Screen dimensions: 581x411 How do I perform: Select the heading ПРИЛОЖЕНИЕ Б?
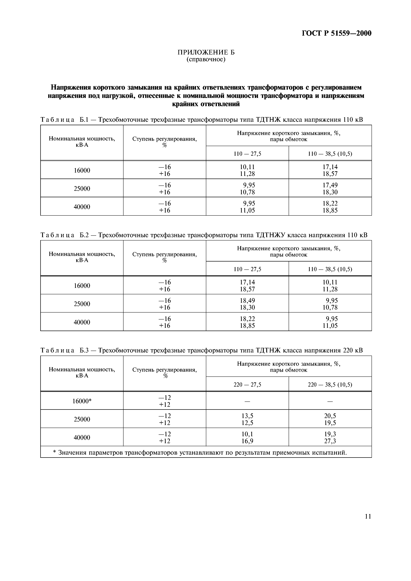pos(206,52)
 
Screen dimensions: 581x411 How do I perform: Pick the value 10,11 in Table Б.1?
pos(247,167)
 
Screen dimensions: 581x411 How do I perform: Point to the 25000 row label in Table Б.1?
pos(82,188)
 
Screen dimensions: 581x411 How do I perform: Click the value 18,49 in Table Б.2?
pos(247,300)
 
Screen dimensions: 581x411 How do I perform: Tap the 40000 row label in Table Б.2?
pos(82,322)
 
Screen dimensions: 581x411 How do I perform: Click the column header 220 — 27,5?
pos(247,385)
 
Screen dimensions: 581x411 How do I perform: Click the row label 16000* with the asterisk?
pos(82,401)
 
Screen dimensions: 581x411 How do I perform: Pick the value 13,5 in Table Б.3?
pos(247,416)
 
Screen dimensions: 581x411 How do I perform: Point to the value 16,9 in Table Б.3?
pos(247,441)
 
